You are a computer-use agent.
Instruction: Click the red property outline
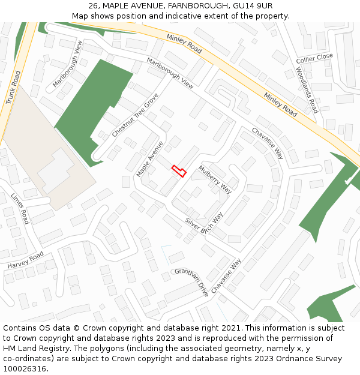pyautogui.click(x=179, y=171)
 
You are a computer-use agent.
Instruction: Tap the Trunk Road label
pyautogui.click(x=13, y=88)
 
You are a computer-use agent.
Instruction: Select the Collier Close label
pyautogui.click(x=314, y=58)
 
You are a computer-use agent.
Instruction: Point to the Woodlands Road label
pyautogui.click(x=307, y=90)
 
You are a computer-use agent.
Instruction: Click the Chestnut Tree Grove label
pyautogui.click(x=136, y=115)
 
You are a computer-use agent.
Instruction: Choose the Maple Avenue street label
pyautogui.click(x=149, y=159)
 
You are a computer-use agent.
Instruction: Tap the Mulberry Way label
pyautogui.click(x=215, y=179)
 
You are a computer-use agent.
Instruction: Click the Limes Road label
pyautogui.click(x=20, y=208)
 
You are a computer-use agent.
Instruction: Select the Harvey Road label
pyautogui.click(x=26, y=260)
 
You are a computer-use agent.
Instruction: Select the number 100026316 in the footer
pyautogui.click(x=25, y=369)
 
